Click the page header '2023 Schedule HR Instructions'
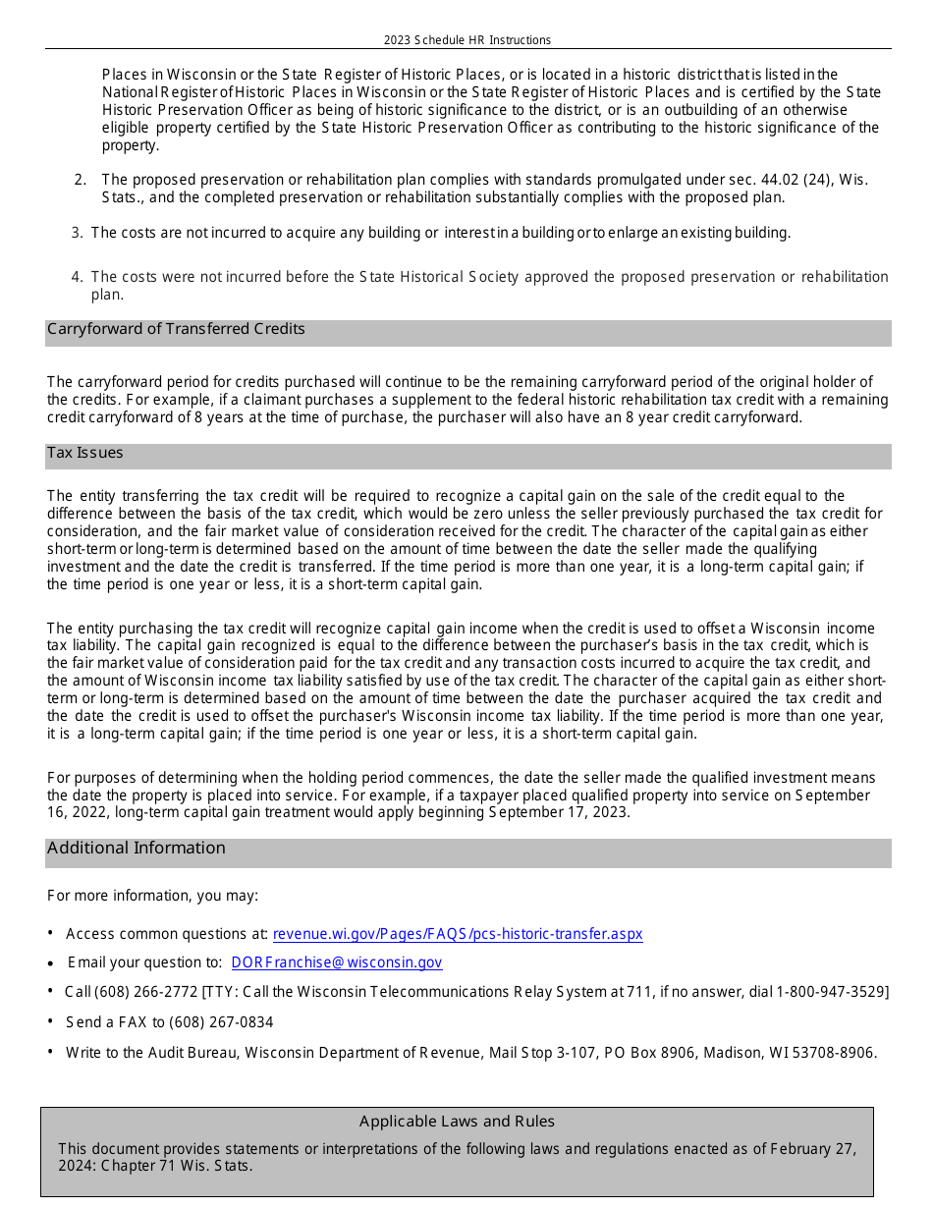pos(467,40)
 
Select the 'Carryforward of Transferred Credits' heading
pos(176,329)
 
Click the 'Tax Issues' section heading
pos(85,453)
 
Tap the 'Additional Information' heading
pos(137,848)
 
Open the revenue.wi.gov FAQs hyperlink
pos(458,934)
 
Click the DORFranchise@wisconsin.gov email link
pos(337,962)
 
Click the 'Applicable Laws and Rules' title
pos(457,1122)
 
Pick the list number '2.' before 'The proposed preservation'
pos(81,180)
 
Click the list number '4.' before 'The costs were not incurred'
pos(78,277)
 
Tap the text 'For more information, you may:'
pos(153,896)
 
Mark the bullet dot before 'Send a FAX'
pos(50,1022)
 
